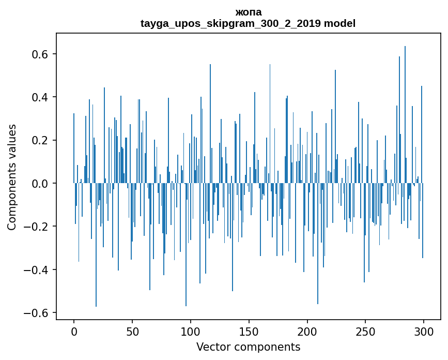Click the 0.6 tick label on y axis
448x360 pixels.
(x=40, y=54)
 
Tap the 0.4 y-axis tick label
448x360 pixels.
(x=40, y=97)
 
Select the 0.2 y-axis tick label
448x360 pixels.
(x=40, y=140)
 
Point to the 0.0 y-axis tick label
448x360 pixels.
(x=40, y=184)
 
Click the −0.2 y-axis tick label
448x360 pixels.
(x=36, y=227)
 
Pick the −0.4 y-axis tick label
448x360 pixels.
(x=36, y=270)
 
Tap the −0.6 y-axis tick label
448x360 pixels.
(x=36, y=313)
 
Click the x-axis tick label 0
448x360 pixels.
(x=74, y=332)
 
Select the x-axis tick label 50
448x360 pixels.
(x=132, y=332)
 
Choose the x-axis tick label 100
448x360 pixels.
(x=191, y=332)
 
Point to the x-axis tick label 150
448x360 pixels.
(x=249, y=332)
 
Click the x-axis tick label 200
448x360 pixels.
(x=307, y=332)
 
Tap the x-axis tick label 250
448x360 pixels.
(x=365, y=332)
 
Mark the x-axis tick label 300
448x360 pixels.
(x=424, y=332)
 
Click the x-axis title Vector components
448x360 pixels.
(x=248, y=347)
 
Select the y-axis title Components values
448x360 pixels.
(x=12, y=177)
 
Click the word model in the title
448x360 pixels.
(x=339, y=23)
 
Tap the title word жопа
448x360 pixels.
(x=249, y=12)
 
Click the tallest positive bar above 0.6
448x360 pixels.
(x=405, y=115)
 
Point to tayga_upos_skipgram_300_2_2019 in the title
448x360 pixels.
(x=230, y=23)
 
